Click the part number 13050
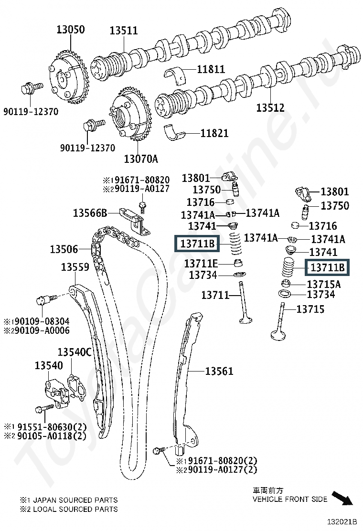coord(70,30)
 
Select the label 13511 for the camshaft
coord(124,31)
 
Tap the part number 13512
coord(270,108)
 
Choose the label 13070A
coord(141,159)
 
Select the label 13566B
coord(90,213)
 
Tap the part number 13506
coord(64,249)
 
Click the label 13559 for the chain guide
coord(75,267)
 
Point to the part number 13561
coord(219,371)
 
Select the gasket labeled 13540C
coord(77,387)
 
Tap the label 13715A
coord(324,284)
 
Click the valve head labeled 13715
coord(278,335)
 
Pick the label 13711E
coord(201,263)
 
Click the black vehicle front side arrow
coord(342,498)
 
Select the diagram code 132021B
coord(342,521)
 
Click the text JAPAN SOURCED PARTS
coord(75,500)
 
